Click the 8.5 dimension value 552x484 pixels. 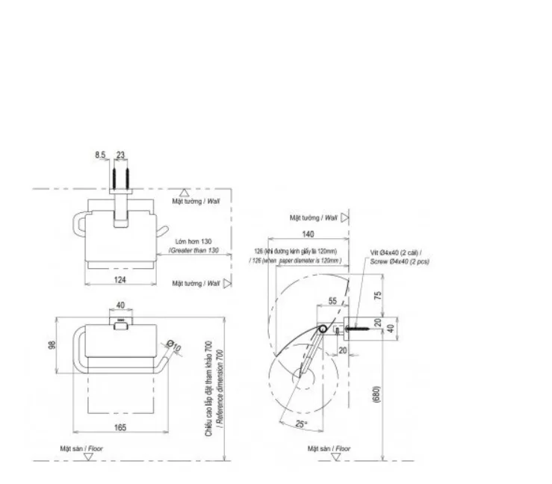pos(100,155)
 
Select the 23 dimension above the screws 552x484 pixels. pos(122,155)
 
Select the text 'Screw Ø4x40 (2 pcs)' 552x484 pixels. pos(400,261)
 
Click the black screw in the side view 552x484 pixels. pos(357,326)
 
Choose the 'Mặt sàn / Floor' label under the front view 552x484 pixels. pos(81,448)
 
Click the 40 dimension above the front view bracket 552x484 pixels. pos(120,305)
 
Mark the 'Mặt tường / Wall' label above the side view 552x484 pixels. pos(314,217)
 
